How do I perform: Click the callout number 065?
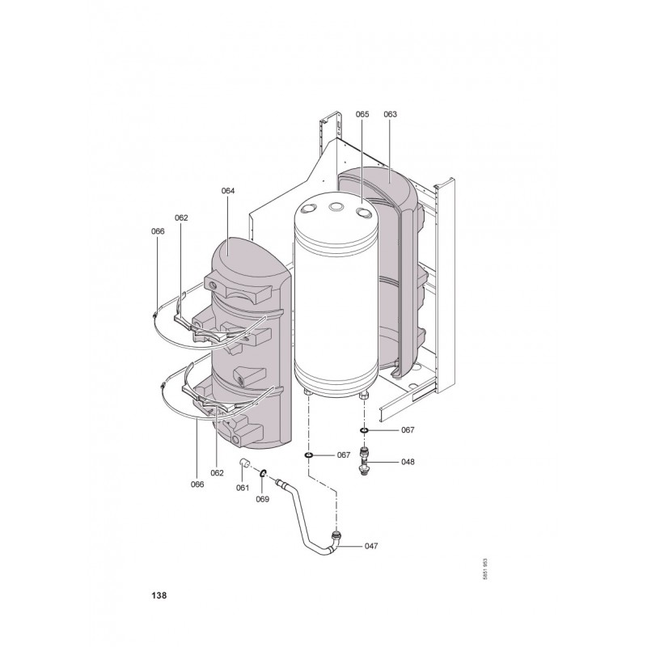pyautogui.click(x=362, y=114)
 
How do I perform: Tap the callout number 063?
pyautogui.click(x=390, y=114)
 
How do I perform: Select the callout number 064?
pyautogui.click(x=228, y=191)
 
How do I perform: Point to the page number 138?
pyautogui.click(x=159, y=595)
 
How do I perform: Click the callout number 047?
pyautogui.click(x=371, y=546)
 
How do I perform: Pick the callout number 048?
pyautogui.click(x=408, y=462)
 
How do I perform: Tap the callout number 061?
pyautogui.click(x=243, y=488)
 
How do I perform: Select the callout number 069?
pyautogui.click(x=262, y=499)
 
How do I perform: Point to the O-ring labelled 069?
pyautogui.click(x=263, y=472)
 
